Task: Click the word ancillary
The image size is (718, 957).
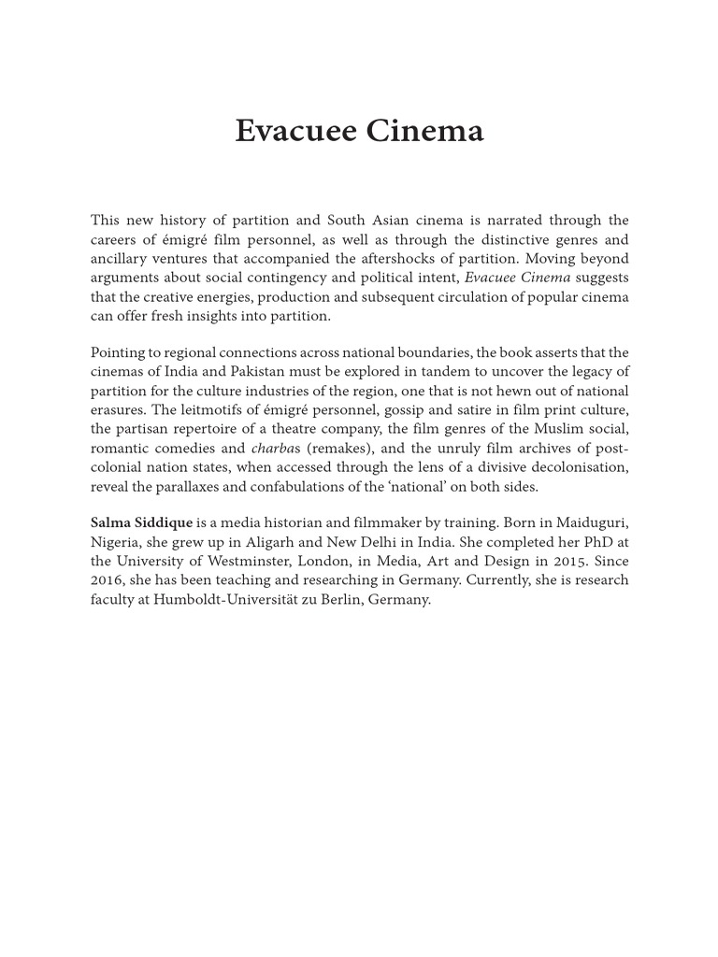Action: click(122, 259)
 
